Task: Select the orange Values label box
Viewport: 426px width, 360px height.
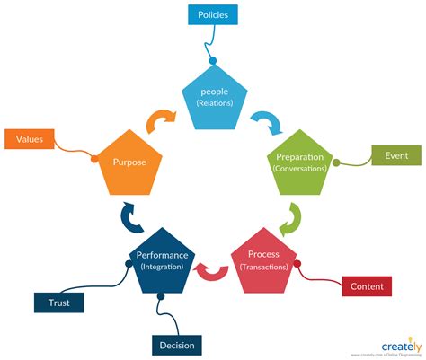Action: click(31, 138)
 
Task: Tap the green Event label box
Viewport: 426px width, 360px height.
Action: click(396, 155)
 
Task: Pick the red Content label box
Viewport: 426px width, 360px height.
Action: click(367, 286)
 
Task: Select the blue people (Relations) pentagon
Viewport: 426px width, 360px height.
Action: click(213, 96)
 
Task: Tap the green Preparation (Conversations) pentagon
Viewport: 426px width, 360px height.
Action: click(300, 164)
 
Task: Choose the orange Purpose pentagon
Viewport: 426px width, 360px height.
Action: click(129, 164)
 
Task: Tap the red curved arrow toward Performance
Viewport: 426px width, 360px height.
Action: click(214, 269)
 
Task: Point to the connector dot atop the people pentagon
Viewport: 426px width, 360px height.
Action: click(213, 62)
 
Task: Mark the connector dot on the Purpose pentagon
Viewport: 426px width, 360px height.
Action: click(93, 159)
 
